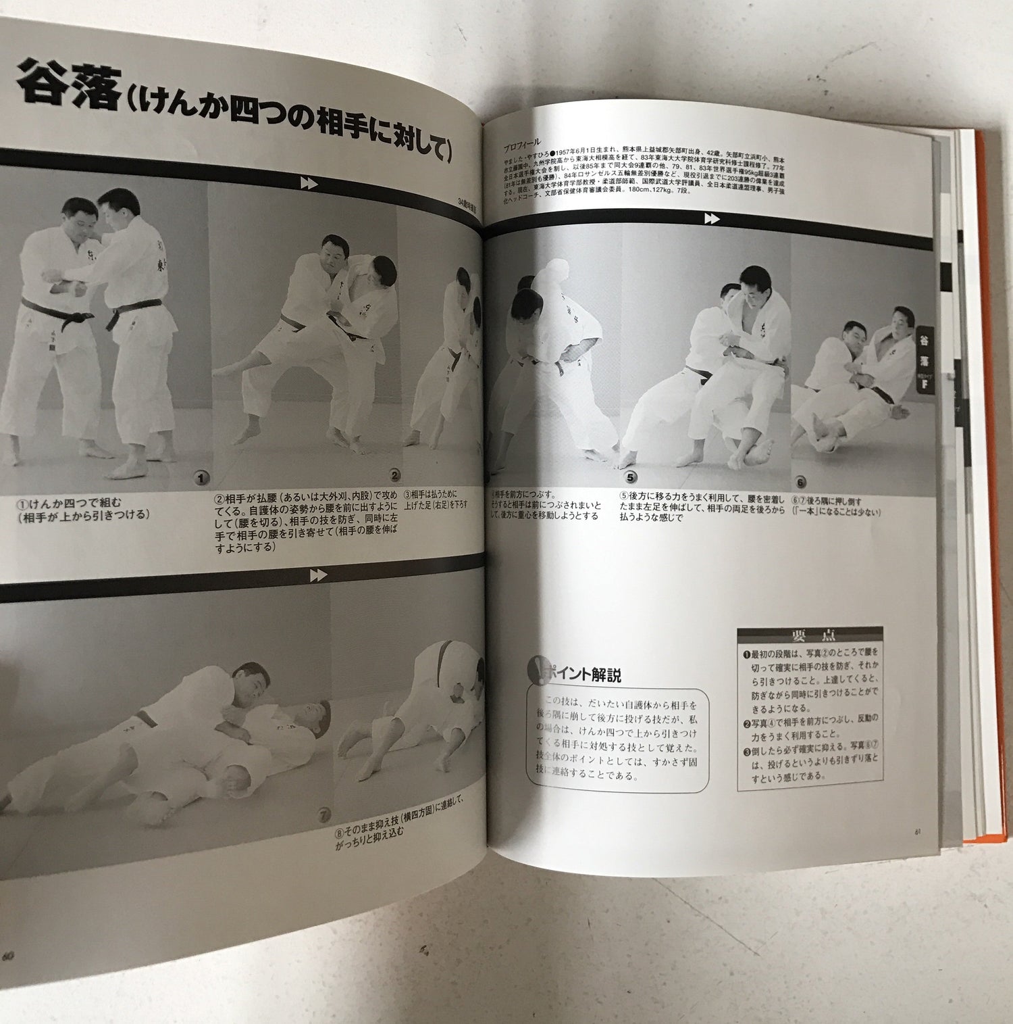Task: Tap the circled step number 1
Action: [201, 479]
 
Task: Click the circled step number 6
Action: [801, 483]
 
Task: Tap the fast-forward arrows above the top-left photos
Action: [309, 183]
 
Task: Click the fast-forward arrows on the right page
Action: [711, 218]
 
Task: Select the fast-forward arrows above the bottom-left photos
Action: [318, 576]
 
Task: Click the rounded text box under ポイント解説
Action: [618, 740]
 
